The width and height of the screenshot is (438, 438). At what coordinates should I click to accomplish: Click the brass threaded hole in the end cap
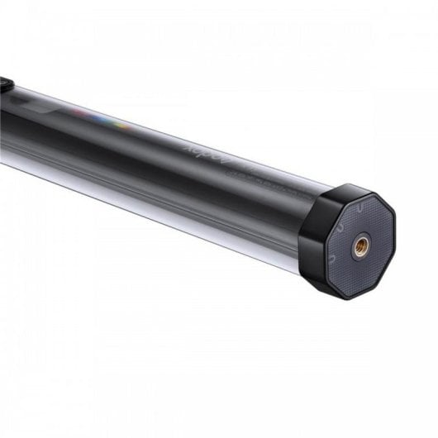360,245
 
